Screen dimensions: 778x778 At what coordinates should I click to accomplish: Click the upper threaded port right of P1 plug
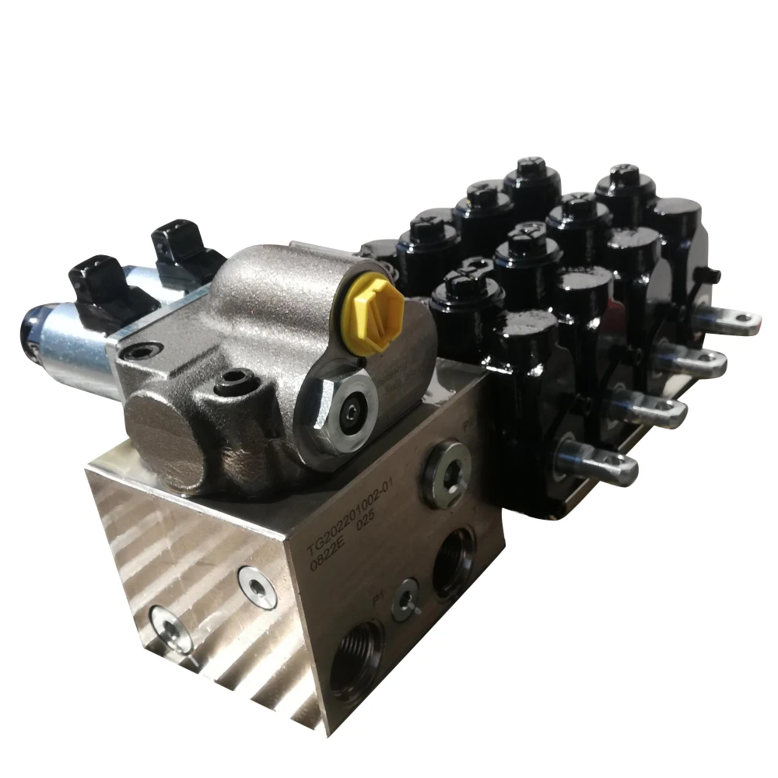[x=454, y=562]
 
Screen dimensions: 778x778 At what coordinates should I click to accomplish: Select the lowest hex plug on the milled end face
[x=170, y=627]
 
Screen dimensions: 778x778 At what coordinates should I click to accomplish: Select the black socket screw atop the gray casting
[x=230, y=381]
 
